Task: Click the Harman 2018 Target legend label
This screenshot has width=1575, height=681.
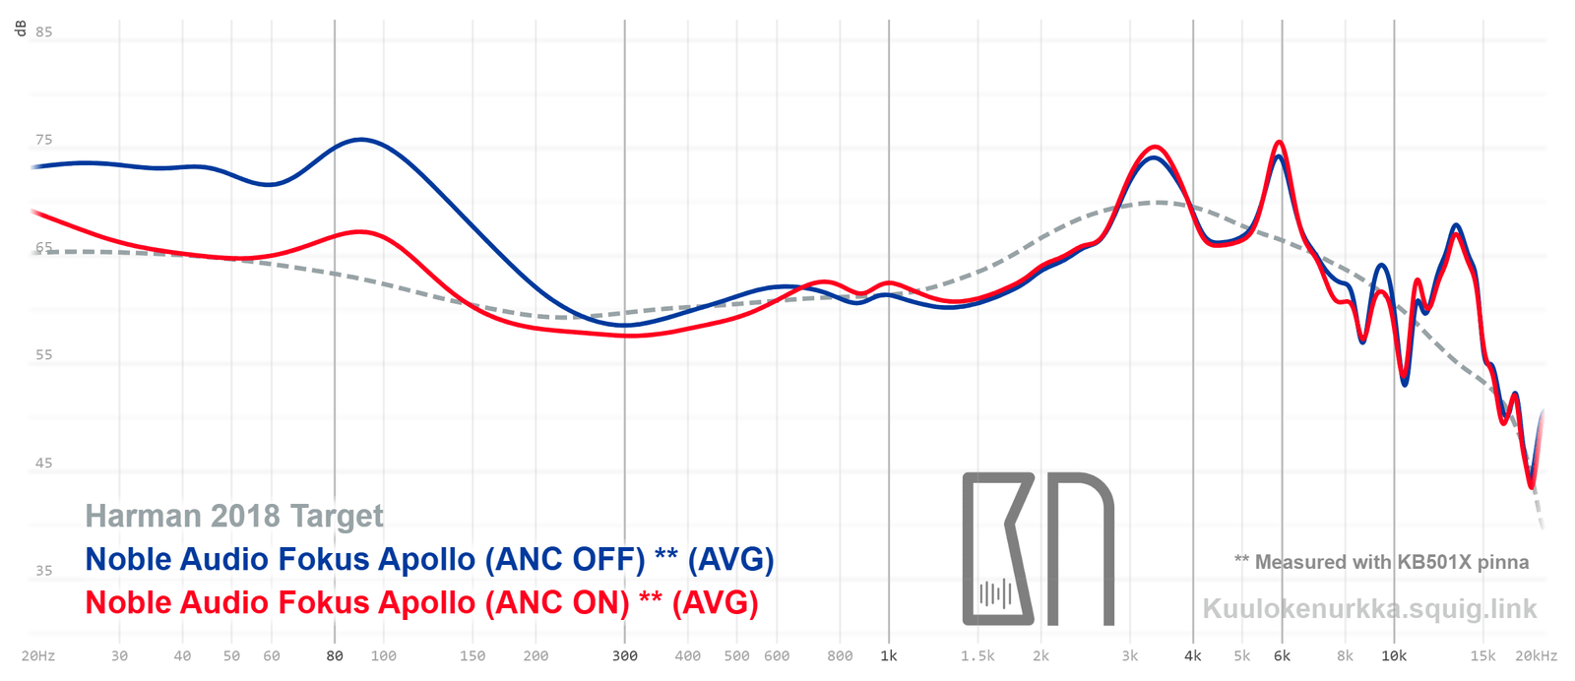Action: [x=234, y=516]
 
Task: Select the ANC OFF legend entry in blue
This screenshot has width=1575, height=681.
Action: [x=429, y=559]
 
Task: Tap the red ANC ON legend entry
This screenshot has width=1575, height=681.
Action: [x=421, y=602]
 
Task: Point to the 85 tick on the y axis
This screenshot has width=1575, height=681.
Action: [x=43, y=31]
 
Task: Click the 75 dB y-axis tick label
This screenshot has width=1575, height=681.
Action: [x=43, y=140]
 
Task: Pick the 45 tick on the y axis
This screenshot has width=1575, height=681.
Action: [x=43, y=463]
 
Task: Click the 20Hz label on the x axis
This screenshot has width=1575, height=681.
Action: [x=37, y=655]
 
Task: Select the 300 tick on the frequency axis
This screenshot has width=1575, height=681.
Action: [x=624, y=655]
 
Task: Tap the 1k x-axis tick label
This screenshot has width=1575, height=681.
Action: [x=889, y=655]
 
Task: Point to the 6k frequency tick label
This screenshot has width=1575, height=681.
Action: [x=1282, y=655]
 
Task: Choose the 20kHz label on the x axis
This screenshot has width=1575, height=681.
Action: [x=1536, y=655]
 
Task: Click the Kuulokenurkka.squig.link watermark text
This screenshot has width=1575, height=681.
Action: [x=1369, y=608]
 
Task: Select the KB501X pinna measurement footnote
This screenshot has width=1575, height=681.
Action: [x=1381, y=562]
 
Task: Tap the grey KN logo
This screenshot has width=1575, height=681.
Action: [x=1038, y=549]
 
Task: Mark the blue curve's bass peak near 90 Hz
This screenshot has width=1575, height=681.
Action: [x=362, y=140]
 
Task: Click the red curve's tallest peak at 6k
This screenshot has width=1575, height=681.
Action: [x=1279, y=143]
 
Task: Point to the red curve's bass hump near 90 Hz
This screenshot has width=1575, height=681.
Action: [x=361, y=232]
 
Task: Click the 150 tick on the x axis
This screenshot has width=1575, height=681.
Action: [x=472, y=655]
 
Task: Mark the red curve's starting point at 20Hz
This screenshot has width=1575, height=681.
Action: [x=33, y=211]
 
